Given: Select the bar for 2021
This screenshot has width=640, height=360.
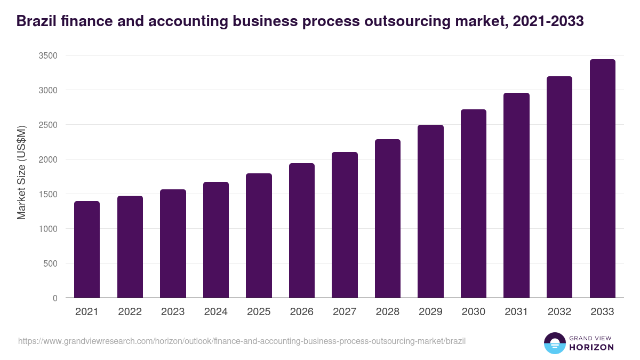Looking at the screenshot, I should coord(87,250).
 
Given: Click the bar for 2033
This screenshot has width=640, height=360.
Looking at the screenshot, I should coord(602,179).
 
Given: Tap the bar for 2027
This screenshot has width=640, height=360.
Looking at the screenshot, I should coord(345,225).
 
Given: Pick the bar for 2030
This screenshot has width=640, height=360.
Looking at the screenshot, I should coord(474,204).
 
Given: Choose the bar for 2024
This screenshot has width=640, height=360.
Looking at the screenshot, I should coord(216,240).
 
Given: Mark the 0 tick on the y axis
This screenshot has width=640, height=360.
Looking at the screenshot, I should coord(55,298).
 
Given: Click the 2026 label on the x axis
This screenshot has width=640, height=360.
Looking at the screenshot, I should coord(302,312).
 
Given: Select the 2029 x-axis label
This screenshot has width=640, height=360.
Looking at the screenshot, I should coord(430,312).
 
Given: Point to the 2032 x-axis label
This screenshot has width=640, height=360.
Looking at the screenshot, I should coord(559,312).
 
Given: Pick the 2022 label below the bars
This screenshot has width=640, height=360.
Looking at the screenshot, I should coord(130,312).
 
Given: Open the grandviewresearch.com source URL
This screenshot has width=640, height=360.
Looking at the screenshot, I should coord(242,341).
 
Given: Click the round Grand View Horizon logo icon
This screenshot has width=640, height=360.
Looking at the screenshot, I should coord(554,343).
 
